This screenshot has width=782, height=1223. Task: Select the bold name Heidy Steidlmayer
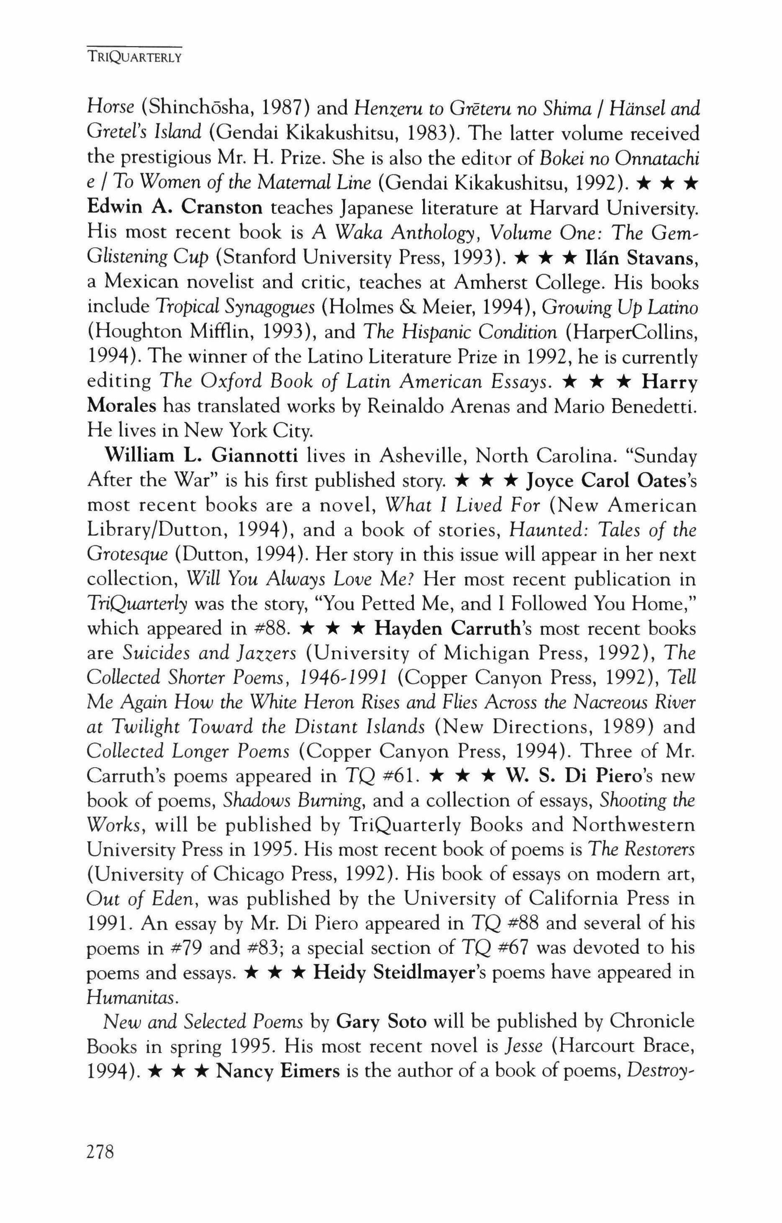pyautogui.click(x=400, y=973)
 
